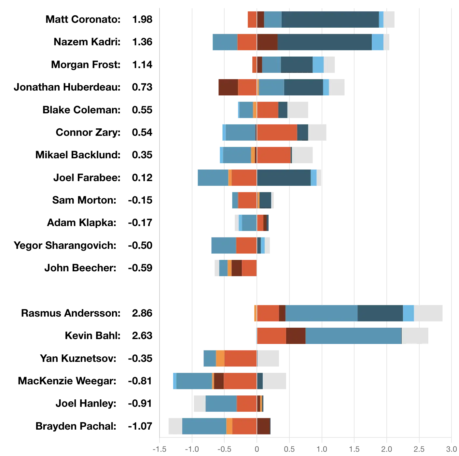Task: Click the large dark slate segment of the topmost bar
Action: click(x=330, y=20)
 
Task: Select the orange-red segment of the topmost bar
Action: click(x=252, y=20)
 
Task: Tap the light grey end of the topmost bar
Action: click(x=390, y=20)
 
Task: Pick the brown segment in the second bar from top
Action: click(x=267, y=43)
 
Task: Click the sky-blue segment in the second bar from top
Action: click(x=378, y=43)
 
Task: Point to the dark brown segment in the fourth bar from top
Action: click(x=227, y=87)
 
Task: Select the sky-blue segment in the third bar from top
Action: click(x=318, y=64)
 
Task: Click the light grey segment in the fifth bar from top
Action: click(x=299, y=111)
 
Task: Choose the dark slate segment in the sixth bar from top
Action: click(x=303, y=132)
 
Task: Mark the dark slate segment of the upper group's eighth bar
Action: click(x=284, y=178)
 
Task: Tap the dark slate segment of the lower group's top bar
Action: click(x=380, y=314)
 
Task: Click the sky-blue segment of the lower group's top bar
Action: click(x=409, y=314)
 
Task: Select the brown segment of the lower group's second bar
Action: click(x=296, y=336)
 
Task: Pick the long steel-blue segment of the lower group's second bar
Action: click(x=354, y=336)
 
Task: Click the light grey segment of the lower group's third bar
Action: click(x=269, y=358)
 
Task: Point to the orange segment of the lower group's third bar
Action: click(x=220, y=358)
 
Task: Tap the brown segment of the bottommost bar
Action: click(x=264, y=426)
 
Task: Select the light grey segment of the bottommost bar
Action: click(x=174, y=426)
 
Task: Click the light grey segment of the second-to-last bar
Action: click(x=199, y=404)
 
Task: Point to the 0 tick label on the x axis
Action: click(x=257, y=450)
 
